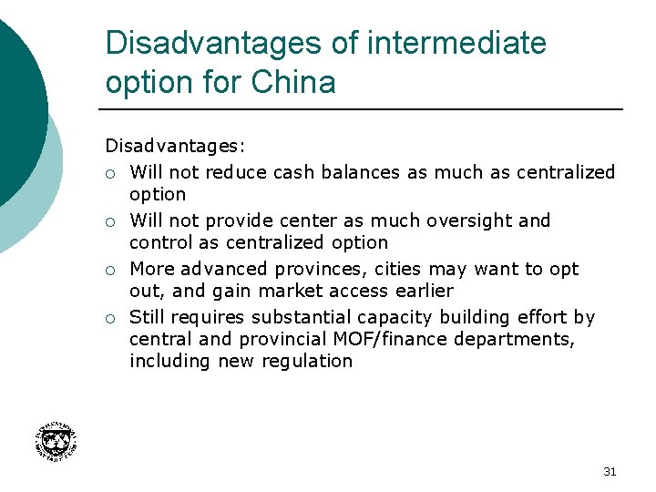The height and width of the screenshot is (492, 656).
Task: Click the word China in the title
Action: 293,82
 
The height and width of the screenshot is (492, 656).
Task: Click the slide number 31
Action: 610,471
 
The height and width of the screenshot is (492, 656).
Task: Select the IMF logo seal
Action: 55,442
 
